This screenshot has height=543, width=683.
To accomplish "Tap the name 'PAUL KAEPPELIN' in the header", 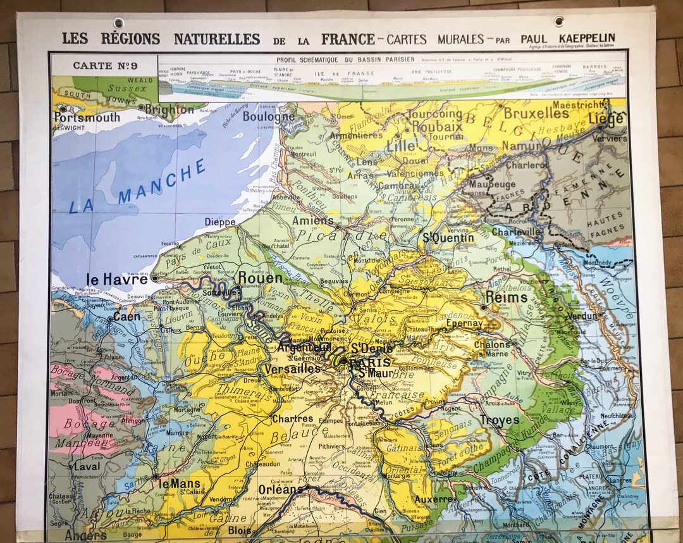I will coord(567,39).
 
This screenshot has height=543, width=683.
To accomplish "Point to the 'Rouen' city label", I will coord(260,278).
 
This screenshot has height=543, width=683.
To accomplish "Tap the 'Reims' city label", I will coord(505,297).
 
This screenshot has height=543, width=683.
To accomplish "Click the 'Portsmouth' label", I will coord(87,118).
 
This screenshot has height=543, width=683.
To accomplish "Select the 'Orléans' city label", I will coord(281,489).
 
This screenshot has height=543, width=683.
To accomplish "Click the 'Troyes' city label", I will coord(500,420).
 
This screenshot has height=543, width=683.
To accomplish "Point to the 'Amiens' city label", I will coord(312,221).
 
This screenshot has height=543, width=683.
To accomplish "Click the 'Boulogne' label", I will coord(269,117).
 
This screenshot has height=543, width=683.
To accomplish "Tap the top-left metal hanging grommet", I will coord(118,23).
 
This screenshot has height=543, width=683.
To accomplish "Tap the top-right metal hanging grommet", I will coord(559,21).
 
